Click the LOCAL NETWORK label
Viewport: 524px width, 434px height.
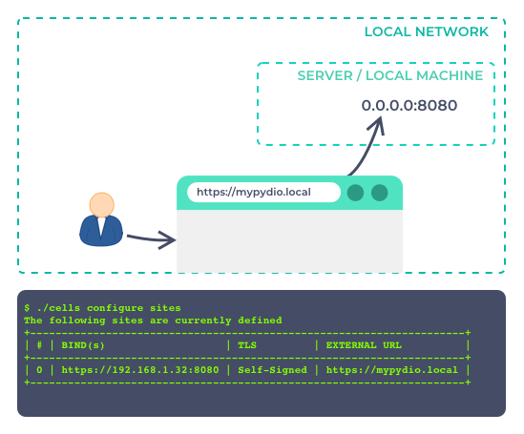click(426, 32)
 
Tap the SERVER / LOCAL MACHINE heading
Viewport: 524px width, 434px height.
click(390, 75)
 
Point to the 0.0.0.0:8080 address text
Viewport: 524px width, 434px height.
click(409, 106)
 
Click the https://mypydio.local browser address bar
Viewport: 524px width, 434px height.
click(263, 193)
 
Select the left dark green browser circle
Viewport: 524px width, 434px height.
click(355, 193)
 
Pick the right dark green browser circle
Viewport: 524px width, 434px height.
click(380, 193)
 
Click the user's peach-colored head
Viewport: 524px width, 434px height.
click(102, 205)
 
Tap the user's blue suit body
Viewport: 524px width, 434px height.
click(101, 231)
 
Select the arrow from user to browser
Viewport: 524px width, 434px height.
click(152, 238)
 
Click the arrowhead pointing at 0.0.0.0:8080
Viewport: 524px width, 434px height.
click(378, 124)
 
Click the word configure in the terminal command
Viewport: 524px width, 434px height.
click(115, 308)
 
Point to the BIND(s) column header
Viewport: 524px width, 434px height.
click(83, 345)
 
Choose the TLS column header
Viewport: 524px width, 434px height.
click(247, 345)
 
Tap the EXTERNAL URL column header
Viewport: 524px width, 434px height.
click(364, 345)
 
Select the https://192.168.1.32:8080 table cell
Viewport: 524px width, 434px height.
click(140, 370)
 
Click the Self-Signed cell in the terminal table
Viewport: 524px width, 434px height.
click(272, 370)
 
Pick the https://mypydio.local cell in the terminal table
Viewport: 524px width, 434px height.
click(391, 370)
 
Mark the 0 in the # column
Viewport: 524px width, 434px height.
click(39, 370)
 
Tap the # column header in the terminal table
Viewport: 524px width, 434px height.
click(39, 345)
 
